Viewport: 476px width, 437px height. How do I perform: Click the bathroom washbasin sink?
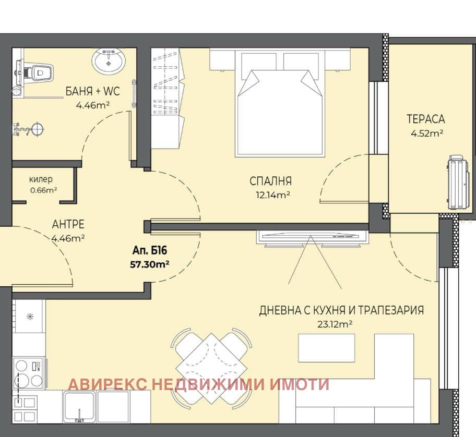[x=109, y=60]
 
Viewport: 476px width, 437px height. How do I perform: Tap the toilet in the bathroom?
[x=35, y=72]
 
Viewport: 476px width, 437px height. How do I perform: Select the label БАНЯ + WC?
[x=92, y=91]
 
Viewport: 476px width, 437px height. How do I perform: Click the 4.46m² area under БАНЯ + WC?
[x=92, y=105]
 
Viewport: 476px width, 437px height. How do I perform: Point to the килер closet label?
[x=41, y=179]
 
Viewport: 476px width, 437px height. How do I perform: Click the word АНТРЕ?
[x=68, y=224]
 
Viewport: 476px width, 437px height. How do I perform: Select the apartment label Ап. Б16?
[x=150, y=250]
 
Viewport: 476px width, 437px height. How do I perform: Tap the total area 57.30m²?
[x=149, y=264]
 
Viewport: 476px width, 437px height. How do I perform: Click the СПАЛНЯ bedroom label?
[x=270, y=181]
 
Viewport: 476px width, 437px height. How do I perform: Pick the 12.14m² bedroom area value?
[x=273, y=195]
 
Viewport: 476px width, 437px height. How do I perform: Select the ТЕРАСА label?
[x=425, y=119]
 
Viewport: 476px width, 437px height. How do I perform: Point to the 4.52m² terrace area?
[x=427, y=133]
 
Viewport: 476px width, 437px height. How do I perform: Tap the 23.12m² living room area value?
[x=335, y=324]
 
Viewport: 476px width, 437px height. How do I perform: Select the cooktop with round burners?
[x=29, y=373]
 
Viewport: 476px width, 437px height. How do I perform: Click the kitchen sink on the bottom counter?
[x=79, y=407]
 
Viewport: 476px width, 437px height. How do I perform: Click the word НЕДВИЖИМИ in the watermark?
[x=207, y=384]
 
